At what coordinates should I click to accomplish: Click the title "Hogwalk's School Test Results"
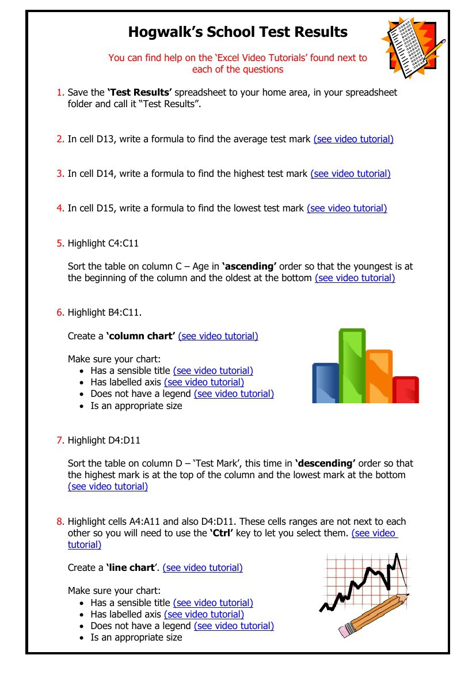click(238, 32)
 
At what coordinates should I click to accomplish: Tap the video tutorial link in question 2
click(353, 139)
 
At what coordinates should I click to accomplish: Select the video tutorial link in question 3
click(351, 173)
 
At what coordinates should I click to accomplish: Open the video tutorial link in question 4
click(347, 208)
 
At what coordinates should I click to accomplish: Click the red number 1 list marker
click(59, 92)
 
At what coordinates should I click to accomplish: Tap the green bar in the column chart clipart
click(352, 365)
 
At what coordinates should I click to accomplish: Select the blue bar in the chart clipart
click(325, 383)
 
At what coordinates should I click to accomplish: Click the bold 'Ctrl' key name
click(220, 533)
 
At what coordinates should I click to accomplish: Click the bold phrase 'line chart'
click(131, 567)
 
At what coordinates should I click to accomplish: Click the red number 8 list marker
click(60, 521)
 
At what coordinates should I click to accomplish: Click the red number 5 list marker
click(60, 243)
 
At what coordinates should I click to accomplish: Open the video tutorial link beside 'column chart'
click(218, 336)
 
